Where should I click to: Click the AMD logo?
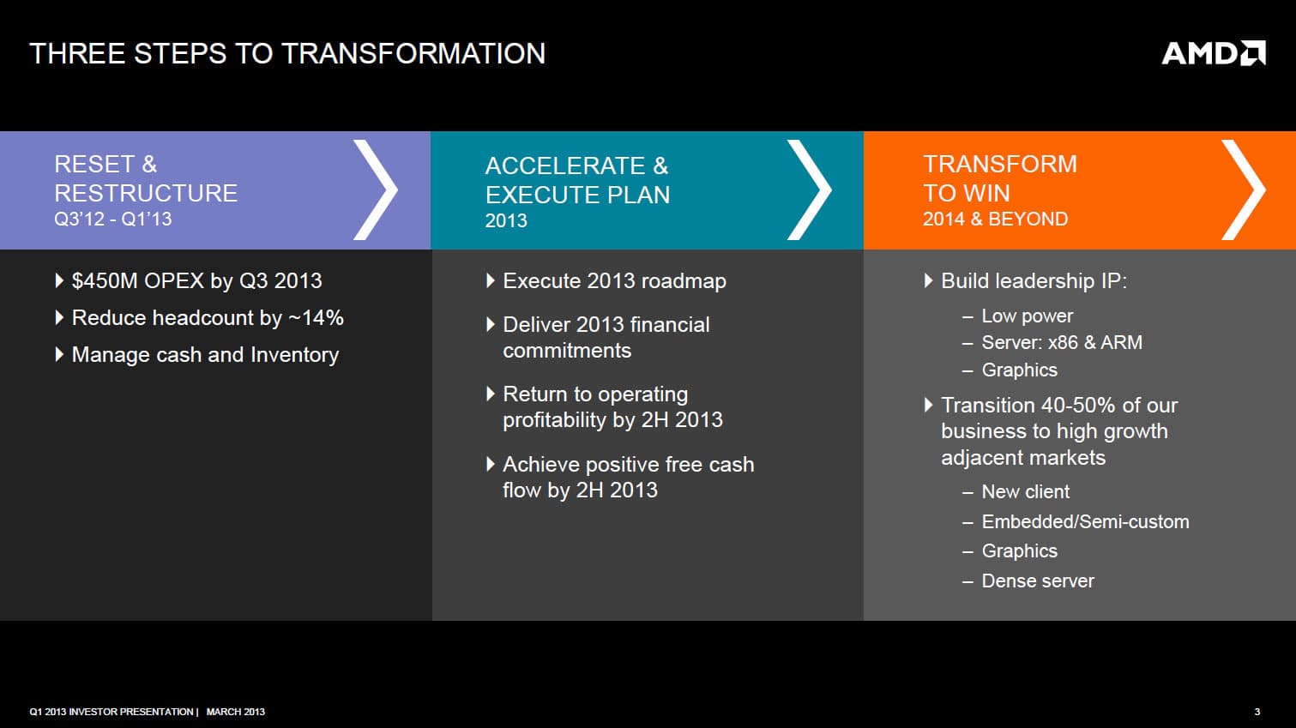click(x=1214, y=53)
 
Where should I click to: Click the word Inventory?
click(x=294, y=355)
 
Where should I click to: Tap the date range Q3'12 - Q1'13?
click(x=113, y=220)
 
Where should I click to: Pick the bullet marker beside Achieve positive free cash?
click(x=491, y=464)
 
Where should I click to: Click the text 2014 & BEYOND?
click(x=995, y=220)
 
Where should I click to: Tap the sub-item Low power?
click(x=1027, y=316)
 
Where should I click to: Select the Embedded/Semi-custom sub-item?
click(x=1085, y=522)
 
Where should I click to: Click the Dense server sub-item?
click(x=1038, y=581)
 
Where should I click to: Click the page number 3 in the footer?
click(x=1257, y=712)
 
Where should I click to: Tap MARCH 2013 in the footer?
click(x=236, y=712)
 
